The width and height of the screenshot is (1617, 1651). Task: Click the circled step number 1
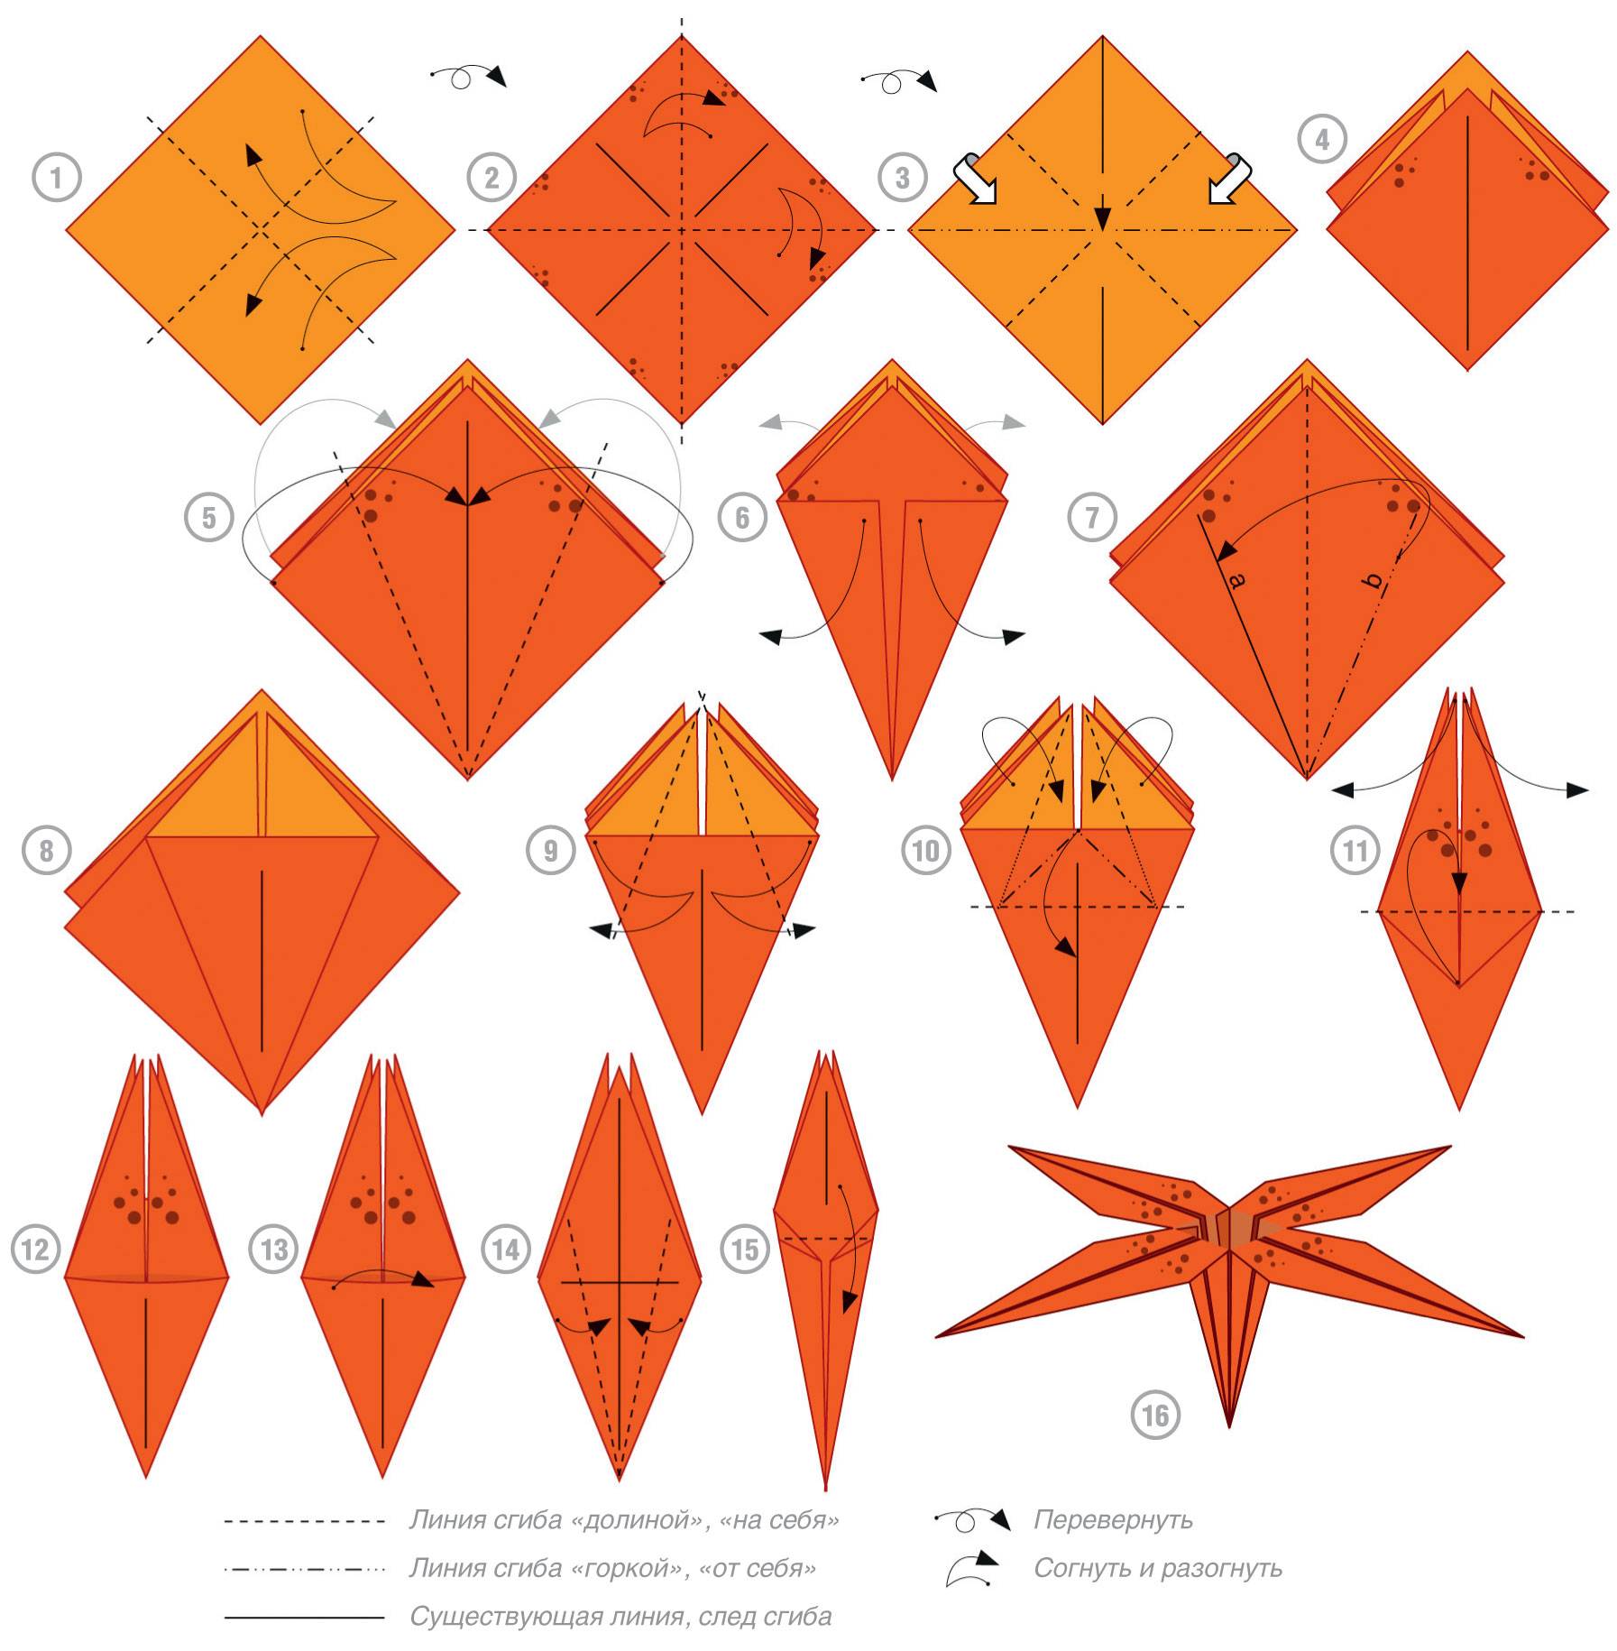(57, 178)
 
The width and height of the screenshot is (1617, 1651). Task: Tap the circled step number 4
(1322, 140)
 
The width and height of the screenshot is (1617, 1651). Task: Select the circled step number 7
(1092, 518)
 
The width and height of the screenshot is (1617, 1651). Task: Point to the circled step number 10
(926, 851)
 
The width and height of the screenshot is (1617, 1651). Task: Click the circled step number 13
(274, 1250)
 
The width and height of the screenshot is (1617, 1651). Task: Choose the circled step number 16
(1155, 1416)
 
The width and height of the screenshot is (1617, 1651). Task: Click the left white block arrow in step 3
(977, 179)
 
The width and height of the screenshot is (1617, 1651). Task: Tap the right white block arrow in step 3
(1228, 179)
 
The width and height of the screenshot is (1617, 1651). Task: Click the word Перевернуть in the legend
(1113, 1520)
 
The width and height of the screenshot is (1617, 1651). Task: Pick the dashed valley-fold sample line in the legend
(305, 1522)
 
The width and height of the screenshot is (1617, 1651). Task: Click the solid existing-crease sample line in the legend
(305, 1618)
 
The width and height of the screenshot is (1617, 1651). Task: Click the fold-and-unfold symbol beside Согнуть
(971, 1568)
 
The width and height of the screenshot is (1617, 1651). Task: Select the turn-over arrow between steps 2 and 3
(898, 80)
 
